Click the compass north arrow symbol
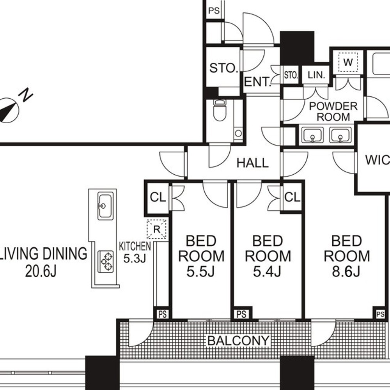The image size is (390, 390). (9, 110)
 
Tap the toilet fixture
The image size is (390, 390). (220, 110)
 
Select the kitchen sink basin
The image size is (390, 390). (105, 206)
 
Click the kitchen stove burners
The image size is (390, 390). (105, 261)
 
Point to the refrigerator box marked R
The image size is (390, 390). (156, 229)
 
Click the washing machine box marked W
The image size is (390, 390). (348, 62)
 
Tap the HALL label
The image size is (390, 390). (252, 163)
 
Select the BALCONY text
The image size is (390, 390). (239, 340)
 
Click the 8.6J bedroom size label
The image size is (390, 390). (346, 271)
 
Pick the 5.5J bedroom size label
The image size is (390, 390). (201, 271)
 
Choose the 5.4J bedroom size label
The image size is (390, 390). (267, 271)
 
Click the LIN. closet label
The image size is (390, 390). (316, 75)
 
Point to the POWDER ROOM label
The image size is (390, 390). (333, 112)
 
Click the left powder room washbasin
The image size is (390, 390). (312, 135)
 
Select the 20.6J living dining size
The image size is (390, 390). (41, 271)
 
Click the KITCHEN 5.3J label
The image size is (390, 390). (135, 252)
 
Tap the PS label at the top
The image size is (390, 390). (214, 11)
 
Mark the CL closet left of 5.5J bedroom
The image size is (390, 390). (158, 198)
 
